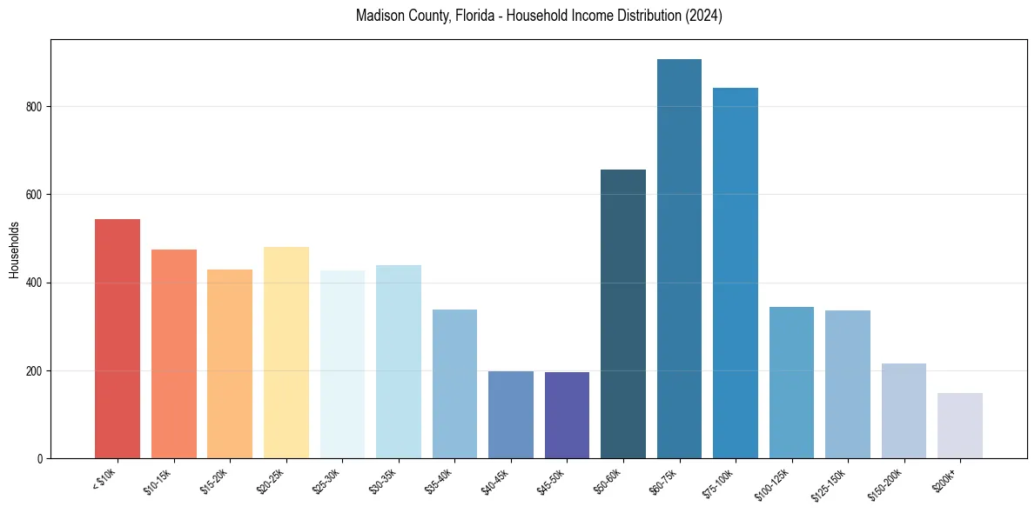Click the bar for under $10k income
pyautogui.click(x=118, y=339)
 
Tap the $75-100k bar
pyautogui.click(x=736, y=273)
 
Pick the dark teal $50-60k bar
pyautogui.click(x=623, y=314)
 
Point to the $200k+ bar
pyautogui.click(x=960, y=425)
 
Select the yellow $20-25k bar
pyautogui.click(x=286, y=352)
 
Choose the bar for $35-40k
pyautogui.click(x=454, y=383)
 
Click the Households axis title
pyautogui.click(x=15, y=250)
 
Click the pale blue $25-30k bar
pyautogui.click(x=342, y=364)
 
